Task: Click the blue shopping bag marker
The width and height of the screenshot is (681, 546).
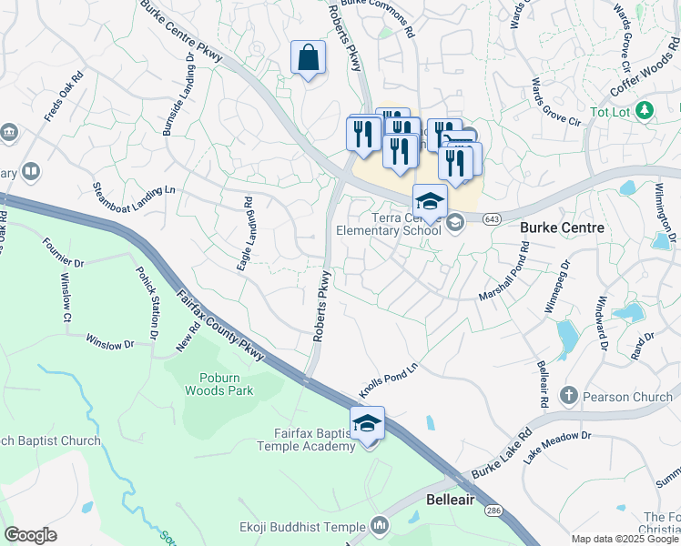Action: coord(309,58)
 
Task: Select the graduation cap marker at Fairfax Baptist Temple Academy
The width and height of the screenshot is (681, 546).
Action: coord(367,424)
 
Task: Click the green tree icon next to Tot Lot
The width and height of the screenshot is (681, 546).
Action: coord(645,110)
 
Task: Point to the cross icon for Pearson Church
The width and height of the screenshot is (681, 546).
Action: coord(568,396)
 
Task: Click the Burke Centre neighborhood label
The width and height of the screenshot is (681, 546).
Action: coord(562,227)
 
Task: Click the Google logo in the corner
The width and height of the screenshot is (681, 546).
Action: coord(30,534)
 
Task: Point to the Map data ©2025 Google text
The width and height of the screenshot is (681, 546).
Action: coord(624,539)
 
